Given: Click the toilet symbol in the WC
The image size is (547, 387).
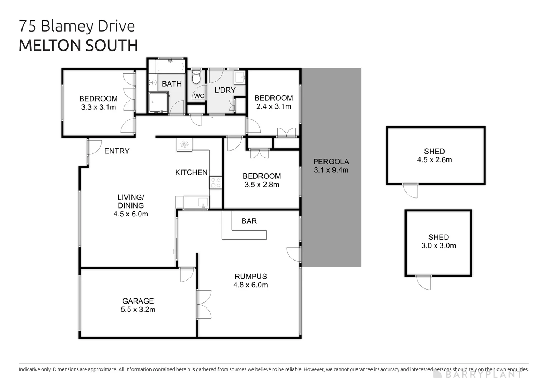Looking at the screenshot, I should [x=196, y=77].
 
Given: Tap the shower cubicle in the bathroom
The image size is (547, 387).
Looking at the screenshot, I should [x=158, y=102].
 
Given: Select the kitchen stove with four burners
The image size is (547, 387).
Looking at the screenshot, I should [x=216, y=183].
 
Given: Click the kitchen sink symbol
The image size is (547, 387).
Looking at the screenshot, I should [x=203, y=202].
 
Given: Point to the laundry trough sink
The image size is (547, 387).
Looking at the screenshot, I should [x=240, y=77].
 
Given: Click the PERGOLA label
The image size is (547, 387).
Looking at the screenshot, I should [x=331, y=162].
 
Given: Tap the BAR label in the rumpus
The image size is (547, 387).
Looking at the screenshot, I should [x=249, y=221].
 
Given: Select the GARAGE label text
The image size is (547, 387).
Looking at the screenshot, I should [x=138, y=301].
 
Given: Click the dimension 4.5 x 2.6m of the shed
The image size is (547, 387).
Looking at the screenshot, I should [x=434, y=160].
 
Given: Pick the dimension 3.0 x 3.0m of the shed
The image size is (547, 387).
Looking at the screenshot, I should [x=438, y=246].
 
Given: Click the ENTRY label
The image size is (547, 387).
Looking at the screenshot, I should [x=116, y=151].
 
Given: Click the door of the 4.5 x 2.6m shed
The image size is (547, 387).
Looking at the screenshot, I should [x=411, y=191].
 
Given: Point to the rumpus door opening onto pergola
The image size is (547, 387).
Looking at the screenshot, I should [x=293, y=254].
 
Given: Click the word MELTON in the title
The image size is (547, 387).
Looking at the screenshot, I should [x=50, y=46].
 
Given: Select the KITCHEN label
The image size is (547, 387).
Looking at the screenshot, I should [x=191, y=172].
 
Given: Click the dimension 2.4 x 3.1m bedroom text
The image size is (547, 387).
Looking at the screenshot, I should [x=273, y=106].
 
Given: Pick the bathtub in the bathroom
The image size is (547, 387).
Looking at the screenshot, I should [x=170, y=66].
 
